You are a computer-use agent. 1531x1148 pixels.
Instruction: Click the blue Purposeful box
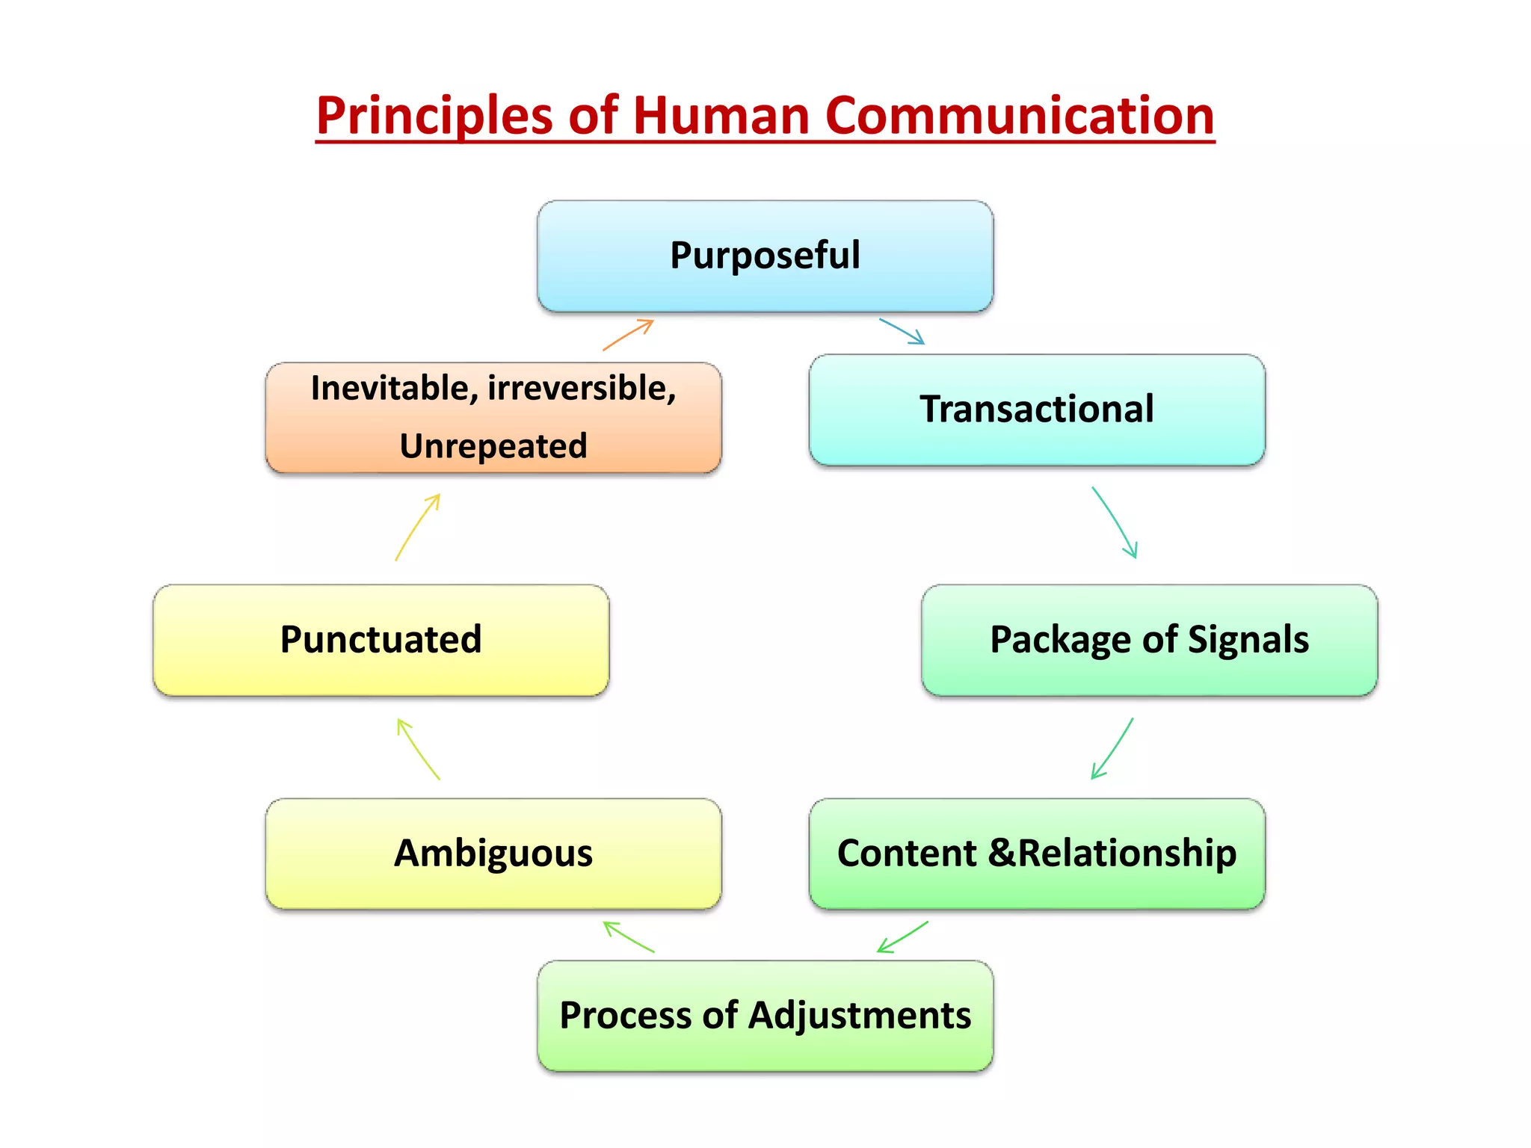point(765,256)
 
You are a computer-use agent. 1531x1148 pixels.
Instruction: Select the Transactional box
point(1036,410)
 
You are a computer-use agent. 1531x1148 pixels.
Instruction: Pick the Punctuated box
point(381,640)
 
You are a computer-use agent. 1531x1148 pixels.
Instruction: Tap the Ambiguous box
point(493,854)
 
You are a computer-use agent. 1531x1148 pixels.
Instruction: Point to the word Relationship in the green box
point(1127,854)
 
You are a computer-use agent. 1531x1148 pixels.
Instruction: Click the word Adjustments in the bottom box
point(859,1016)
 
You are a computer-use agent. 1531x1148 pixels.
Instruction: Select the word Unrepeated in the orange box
point(493,446)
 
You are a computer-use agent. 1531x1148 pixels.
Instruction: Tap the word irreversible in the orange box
point(581,389)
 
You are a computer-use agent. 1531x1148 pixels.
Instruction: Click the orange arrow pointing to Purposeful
point(629,334)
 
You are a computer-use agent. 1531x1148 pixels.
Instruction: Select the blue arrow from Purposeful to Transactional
point(902,331)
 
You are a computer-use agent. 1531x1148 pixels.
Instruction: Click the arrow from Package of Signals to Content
point(1112,749)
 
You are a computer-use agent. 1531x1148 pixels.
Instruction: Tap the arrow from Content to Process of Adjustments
point(902,936)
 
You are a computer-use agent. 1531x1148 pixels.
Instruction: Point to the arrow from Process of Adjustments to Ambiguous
point(628,936)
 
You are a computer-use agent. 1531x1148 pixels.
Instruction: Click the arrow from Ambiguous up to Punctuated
point(418,749)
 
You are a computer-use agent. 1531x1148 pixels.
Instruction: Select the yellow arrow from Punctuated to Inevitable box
point(417,526)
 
